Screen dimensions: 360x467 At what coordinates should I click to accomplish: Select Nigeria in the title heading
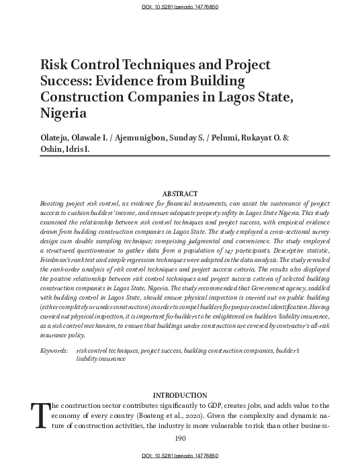(64, 112)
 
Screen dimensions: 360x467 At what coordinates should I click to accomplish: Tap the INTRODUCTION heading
(180, 394)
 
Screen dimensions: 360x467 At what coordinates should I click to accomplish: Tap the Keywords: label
(54, 351)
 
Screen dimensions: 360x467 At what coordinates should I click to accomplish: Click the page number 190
(180, 438)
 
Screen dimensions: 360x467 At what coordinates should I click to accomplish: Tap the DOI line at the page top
(179, 6)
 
